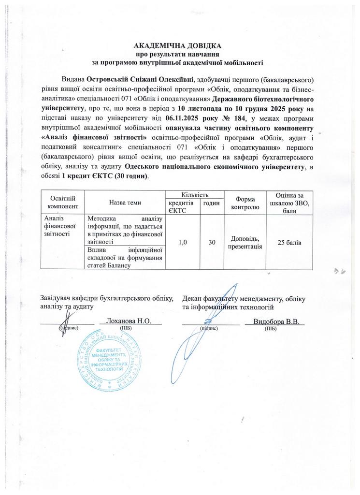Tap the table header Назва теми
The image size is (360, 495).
point(125,202)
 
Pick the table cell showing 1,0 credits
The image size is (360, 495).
point(184,242)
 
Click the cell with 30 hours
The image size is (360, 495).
point(212,242)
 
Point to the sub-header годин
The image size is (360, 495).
point(211,204)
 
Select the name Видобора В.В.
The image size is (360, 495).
point(274,321)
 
